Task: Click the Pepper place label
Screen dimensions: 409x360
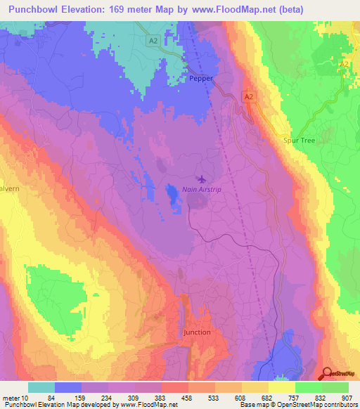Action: click(200, 79)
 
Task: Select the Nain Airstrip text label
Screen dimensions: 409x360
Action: click(202, 190)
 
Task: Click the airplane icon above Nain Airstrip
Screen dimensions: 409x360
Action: click(203, 178)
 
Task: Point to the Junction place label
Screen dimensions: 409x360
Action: click(196, 332)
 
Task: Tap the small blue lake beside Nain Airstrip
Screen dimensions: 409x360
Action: click(172, 193)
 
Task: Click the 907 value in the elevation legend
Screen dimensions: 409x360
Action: click(348, 397)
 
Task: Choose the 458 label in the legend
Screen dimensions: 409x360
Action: click(188, 397)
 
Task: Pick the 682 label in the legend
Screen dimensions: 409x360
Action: click(268, 397)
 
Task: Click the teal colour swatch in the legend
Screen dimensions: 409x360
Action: click(41, 387)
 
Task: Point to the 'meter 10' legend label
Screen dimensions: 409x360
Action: click(15, 397)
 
